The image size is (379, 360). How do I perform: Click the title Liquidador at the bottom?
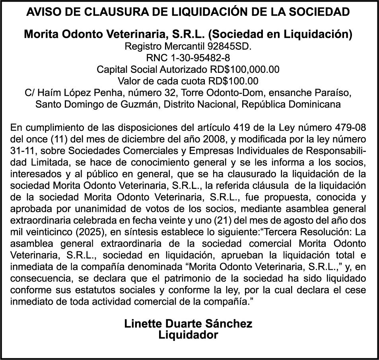(189, 335)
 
